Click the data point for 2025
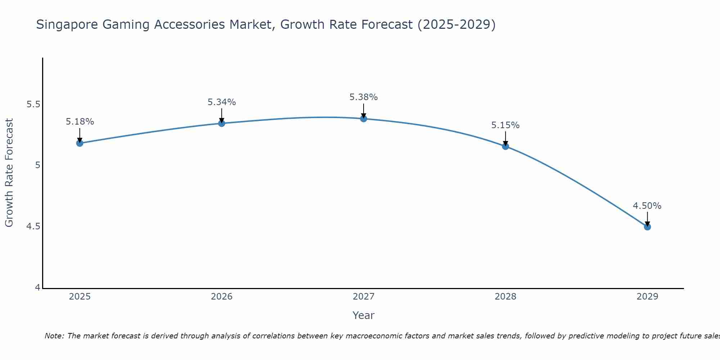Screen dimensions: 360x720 tap(80, 143)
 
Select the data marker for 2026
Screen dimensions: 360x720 tap(222, 123)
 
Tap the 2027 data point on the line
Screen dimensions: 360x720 tap(364, 118)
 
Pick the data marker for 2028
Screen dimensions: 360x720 tap(505, 146)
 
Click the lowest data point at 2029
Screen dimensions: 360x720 tap(647, 227)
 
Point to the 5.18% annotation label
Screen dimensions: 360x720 tap(80, 122)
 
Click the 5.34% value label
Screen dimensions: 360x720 tap(222, 102)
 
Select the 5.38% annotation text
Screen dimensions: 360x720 tap(364, 97)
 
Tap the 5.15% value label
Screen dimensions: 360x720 tap(505, 125)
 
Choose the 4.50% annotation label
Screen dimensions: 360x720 tap(647, 206)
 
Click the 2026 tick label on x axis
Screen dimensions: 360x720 tap(222, 297)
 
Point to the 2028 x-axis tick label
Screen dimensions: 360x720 tap(505, 297)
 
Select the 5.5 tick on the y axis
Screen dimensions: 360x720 tap(33, 104)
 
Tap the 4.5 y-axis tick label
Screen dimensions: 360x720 tap(33, 226)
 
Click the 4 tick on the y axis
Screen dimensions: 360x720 tap(37, 288)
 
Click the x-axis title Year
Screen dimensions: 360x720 tap(364, 315)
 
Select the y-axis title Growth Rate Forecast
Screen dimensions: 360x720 tap(9, 173)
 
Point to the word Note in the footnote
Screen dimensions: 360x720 tap(54, 336)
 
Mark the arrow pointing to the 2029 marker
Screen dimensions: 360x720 tap(647, 219)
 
